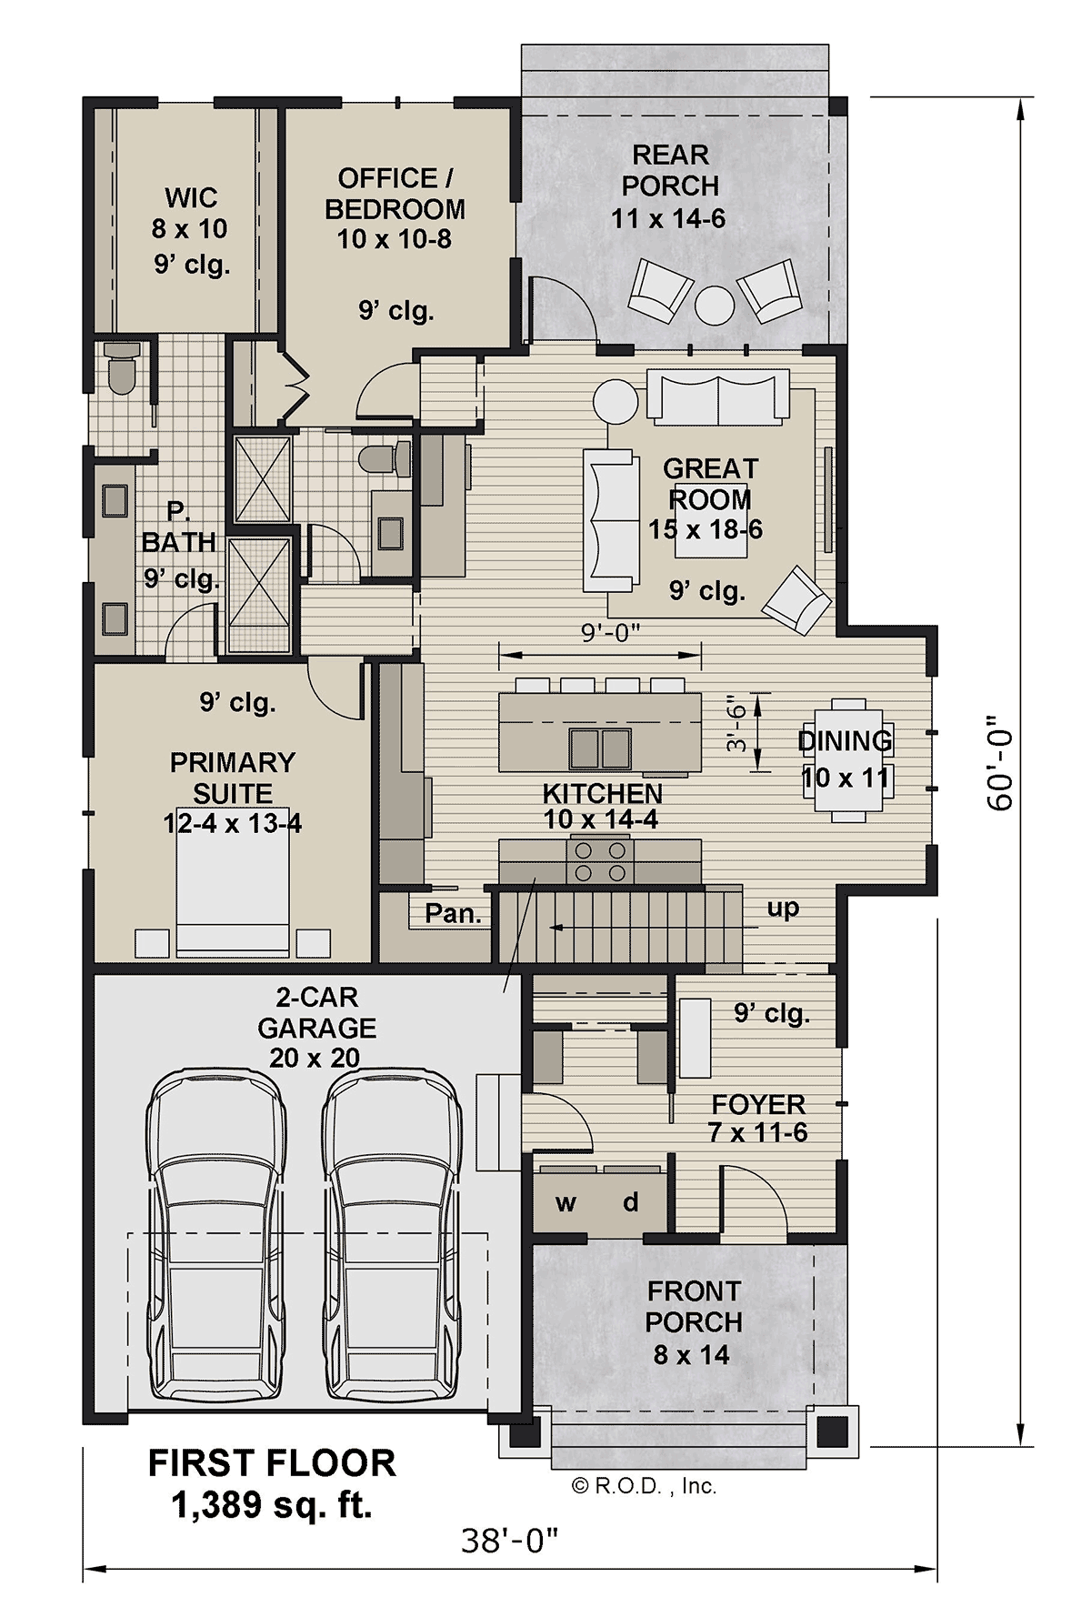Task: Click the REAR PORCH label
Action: click(670, 170)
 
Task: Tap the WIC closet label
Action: click(191, 197)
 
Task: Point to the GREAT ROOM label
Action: click(710, 484)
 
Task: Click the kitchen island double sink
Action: click(600, 748)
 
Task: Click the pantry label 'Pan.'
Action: click(453, 913)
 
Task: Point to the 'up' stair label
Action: click(783, 909)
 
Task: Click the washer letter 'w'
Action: click(566, 1204)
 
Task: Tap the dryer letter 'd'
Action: click(631, 1202)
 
